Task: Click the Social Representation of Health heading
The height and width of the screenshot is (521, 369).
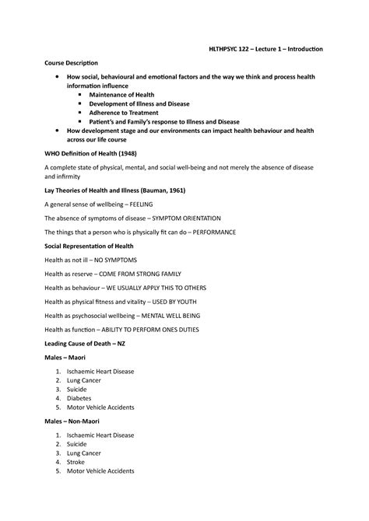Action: [95, 246]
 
